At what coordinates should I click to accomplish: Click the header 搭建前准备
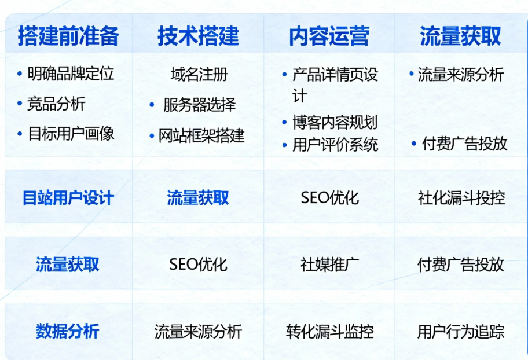point(68,36)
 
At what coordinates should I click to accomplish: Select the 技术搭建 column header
point(199,36)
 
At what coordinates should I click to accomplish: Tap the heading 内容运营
point(329,36)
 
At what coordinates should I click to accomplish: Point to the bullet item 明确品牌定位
point(71,74)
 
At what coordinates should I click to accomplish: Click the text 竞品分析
point(56,104)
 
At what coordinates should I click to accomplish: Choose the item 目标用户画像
point(71,133)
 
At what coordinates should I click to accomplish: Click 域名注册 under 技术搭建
point(199,74)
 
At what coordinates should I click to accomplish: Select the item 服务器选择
point(199,105)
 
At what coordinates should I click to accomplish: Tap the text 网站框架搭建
point(201,135)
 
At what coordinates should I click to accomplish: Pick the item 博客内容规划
point(335,122)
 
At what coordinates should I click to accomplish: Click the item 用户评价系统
point(335,145)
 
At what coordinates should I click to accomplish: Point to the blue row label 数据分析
point(67,331)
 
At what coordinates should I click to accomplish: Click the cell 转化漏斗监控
point(329,332)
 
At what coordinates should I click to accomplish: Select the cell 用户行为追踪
point(461,332)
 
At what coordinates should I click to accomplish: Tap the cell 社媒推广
point(329,265)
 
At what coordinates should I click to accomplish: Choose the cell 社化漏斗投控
point(461,198)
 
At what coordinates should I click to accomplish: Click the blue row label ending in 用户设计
point(68,198)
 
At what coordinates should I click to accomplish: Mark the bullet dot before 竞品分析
point(20,104)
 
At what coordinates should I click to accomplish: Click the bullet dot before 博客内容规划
point(284,122)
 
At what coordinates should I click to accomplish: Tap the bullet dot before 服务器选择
point(152,105)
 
